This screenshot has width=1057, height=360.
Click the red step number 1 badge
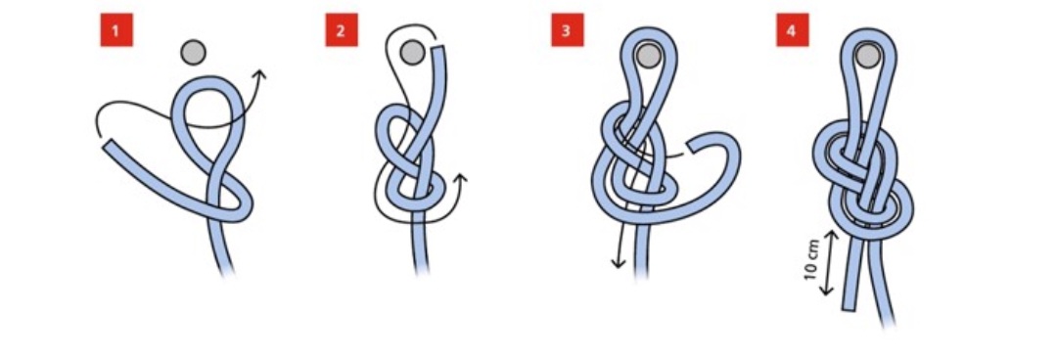pos(116,30)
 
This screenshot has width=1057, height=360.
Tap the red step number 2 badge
pos(342,30)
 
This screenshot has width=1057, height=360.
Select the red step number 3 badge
pos(567,30)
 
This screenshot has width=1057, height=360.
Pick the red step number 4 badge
pos(792,30)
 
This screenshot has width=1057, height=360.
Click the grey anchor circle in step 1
pos(194,52)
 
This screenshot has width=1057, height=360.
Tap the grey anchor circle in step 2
pos(412,53)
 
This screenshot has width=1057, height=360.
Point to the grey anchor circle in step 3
pos(648,56)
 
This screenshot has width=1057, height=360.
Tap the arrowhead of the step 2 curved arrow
pos(460,179)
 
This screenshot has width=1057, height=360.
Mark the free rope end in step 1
pos(108,145)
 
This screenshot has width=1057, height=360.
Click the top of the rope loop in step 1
pos(208,80)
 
